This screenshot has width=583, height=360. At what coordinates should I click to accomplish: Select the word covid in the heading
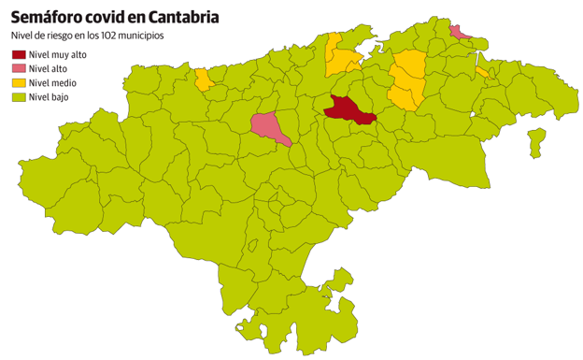pos(108,16)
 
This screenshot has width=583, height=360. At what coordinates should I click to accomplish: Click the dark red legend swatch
pos(18,54)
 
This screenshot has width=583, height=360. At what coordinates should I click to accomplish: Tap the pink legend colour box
pos(18,68)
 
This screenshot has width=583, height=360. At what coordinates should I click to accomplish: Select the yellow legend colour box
pos(18,82)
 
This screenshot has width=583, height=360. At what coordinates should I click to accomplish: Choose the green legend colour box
pos(18,96)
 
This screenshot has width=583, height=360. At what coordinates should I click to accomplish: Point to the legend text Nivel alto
pos(48,68)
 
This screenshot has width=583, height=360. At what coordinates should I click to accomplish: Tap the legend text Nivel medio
pos(52,82)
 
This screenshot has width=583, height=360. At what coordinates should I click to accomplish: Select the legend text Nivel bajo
pos(49,96)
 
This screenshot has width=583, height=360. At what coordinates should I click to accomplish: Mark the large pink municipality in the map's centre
pos(267,125)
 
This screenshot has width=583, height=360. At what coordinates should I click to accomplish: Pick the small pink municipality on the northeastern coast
pos(460,34)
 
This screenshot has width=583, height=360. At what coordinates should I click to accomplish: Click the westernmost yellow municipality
pos(204,79)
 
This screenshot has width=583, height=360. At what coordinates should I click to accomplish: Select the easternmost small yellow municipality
pos(482,72)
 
